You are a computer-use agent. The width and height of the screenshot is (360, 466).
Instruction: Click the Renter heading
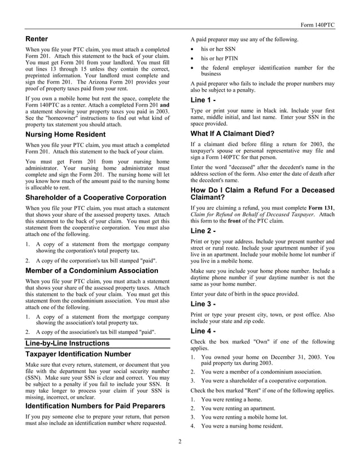point(37,39)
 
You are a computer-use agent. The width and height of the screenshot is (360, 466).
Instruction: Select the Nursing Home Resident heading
point(65,135)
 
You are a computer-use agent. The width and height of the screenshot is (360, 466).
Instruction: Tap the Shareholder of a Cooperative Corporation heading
point(96,198)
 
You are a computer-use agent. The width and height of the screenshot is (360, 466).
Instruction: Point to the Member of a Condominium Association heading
point(92,271)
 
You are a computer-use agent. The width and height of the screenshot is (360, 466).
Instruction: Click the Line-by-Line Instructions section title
point(68,343)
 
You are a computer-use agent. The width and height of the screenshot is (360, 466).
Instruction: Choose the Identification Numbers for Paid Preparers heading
point(95,407)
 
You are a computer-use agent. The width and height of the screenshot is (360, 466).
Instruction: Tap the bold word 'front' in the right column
point(244,222)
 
